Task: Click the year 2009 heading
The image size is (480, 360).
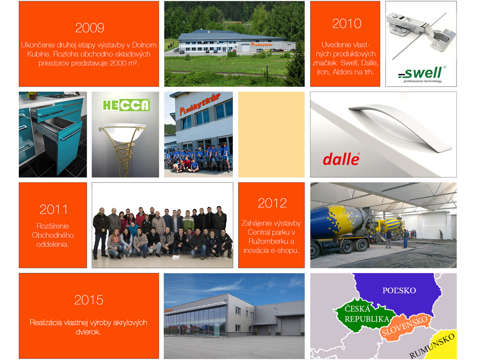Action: tap(90, 28)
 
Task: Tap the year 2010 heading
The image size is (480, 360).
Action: tap(346, 24)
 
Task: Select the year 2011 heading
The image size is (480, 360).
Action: tap(54, 209)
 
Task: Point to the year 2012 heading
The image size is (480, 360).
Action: tap(272, 203)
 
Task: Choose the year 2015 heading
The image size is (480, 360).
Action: tap(89, 300)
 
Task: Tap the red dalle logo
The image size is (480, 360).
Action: tap(341, 159)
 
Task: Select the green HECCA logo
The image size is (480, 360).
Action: tap(126, 105)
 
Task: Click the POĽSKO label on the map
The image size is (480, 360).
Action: tap(399, 291)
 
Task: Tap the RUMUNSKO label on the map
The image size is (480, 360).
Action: tap(432, 345)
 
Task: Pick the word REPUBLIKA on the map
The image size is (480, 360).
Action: tap(367, 319)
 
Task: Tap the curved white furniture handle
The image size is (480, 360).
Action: tap(400, 127)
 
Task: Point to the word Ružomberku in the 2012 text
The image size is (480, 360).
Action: tap(271, 241)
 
